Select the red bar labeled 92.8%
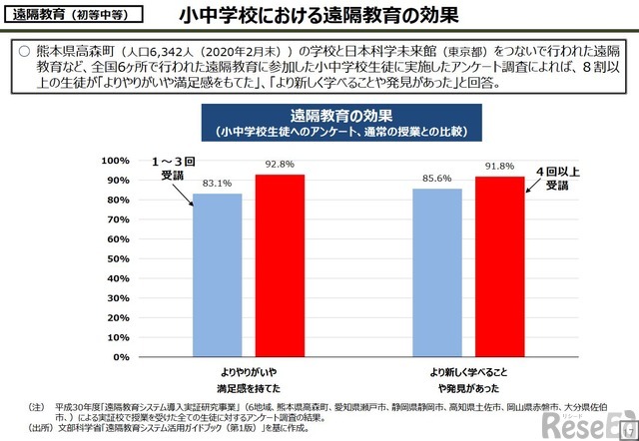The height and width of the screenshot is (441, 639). click(280, 264)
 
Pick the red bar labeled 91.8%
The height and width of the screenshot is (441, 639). click(499, 265)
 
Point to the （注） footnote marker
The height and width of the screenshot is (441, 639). click(37, 407)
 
